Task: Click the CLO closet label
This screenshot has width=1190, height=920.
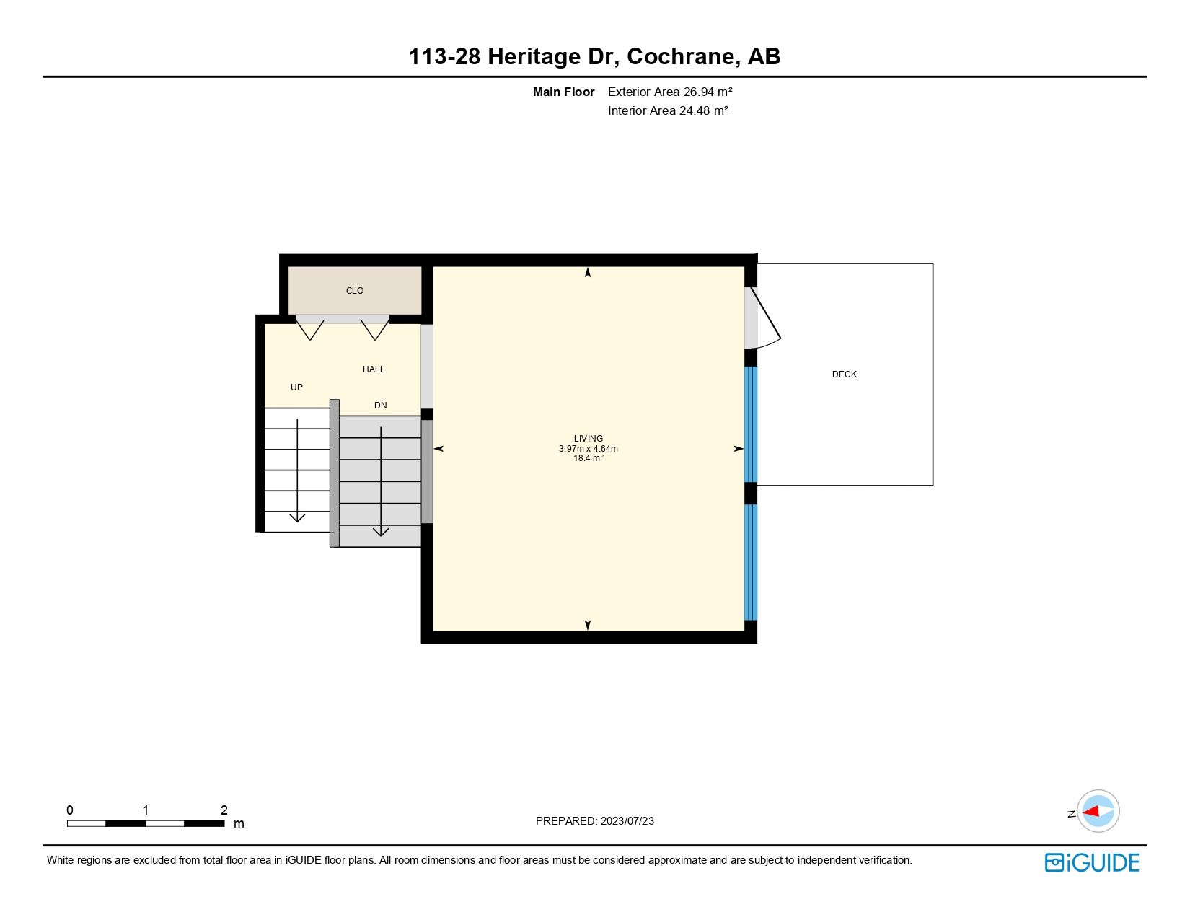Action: tap(355, 291)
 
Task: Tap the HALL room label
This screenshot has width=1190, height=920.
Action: tap(374, 369)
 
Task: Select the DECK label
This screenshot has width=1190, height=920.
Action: tap(845, 374)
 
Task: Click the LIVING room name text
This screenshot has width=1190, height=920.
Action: tap(589, 439)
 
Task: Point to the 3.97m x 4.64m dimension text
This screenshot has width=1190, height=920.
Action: tap(589, 449)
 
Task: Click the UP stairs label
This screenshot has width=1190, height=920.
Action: tap(296, 387)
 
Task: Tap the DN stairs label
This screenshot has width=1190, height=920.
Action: tap(381, 406)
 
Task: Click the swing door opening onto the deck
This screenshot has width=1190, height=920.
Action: tap(762, 317)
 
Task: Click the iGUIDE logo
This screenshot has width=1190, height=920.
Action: tap(1092, 862)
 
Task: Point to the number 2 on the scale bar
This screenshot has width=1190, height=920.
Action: tap(224, 810)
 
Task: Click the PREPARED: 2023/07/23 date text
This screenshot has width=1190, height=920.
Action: tap(595, 821)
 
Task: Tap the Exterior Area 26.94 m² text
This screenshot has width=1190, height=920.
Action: tap(670, 92)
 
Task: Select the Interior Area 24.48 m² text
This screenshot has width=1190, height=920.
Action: tap(668, 110)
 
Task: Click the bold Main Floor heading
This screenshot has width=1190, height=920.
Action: tap(563, 92)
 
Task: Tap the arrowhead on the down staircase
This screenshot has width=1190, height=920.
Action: tap(381, 532)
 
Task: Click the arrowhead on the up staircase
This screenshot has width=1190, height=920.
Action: tap(297, 517)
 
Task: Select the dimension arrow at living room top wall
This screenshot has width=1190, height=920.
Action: tap(588, 273)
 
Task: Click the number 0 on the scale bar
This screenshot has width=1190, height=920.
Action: tap(70, 810)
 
